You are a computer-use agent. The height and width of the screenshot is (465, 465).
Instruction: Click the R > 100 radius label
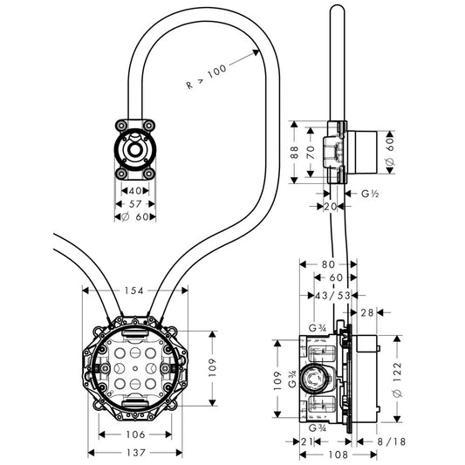pyautogui.click(x=207, y=77)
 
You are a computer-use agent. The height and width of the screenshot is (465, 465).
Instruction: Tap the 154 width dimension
pyautogui.click(x=134, y=291)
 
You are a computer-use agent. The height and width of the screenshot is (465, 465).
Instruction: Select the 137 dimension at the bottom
pyautogui.click(x=136, y=453)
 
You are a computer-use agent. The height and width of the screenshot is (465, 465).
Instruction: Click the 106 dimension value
pyautogui.click(x=136, y=434)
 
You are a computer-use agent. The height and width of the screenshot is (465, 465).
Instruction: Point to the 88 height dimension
pyautogui.click(x=295, y=152)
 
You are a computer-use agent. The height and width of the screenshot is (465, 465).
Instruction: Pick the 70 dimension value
pyautogui.click(x=311, y=153)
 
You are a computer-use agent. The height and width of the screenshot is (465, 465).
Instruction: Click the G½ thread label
pyautogui.click(x=370, y=194)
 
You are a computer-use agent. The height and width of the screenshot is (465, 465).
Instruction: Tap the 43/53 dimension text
pyautogui.click(x=332, y=296)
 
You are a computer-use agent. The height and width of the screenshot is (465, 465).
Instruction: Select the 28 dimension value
pyautogui.click(x=366, y=312)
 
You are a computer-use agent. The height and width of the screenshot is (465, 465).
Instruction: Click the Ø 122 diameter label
pyautogui.click(x=397, y=380)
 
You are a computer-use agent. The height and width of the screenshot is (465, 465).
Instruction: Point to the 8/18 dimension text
pyautogui.click(x=391, y=441)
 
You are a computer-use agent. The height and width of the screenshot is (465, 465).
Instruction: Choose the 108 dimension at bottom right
pyautogui.click(x=338, y=455)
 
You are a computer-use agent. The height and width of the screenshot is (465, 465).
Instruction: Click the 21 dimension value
pyautogui.click(x=307, y=441)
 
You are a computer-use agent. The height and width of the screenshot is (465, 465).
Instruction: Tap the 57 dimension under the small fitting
pyautogui.click(x=135, y=204)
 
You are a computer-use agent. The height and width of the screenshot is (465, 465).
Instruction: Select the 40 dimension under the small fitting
pyautogui.click(x=135, y=191)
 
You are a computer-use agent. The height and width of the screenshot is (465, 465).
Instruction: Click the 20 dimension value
pyautogui.click(x=330, y=206)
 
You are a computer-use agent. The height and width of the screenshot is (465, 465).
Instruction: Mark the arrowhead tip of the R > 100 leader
pyautogui.click(x=259, y=51)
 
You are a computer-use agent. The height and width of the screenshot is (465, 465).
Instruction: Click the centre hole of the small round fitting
pyautogui.click(x=135, y=149)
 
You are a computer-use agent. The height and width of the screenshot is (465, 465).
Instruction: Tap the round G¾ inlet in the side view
pyautogui.click(x=314, y=379)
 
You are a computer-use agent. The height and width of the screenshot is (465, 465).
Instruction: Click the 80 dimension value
pyautogui.click(x=328, y=264)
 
